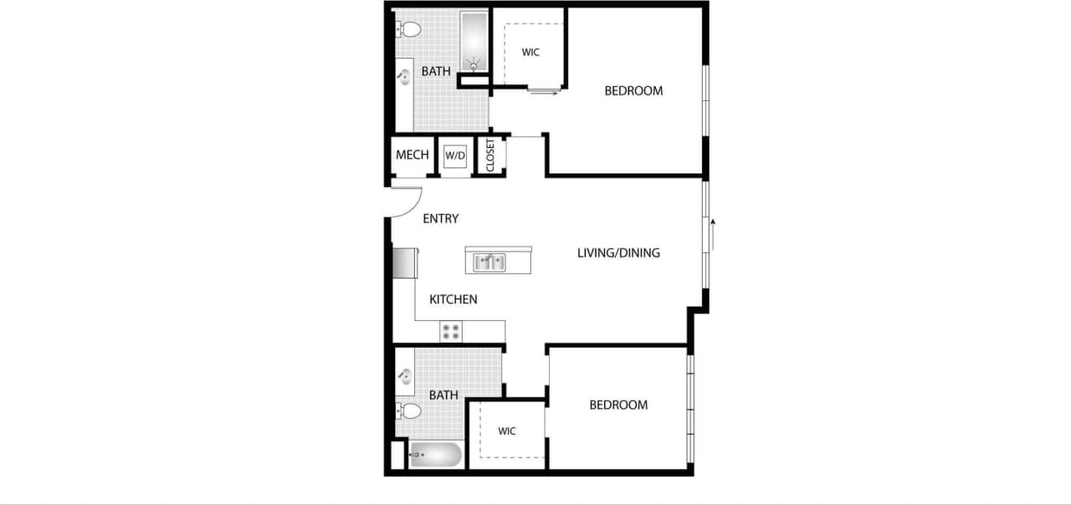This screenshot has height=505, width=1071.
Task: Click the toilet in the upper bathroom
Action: (x=408, y=30)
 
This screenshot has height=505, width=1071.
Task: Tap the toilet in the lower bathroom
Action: (x=408, y=411)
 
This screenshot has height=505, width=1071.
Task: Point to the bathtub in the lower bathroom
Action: (x=434, y=457)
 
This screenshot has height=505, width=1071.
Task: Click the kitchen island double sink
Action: (x=490, y=263)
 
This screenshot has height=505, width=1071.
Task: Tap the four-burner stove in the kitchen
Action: (x=451, y=331)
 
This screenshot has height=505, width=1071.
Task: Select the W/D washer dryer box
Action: (x=455, y=156)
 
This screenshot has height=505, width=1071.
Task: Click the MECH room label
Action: (x=413, y=155)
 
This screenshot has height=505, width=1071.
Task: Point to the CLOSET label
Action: (x=490, y=156)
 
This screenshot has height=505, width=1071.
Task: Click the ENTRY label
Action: (x=440, y=219)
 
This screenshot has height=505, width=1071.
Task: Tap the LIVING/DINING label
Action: (x=618, y=252)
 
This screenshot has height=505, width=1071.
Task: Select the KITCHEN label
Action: (x=454, y=299)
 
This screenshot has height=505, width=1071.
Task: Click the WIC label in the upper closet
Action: (x=530, y=52)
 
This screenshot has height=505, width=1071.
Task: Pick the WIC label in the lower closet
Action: (x=507, y=431)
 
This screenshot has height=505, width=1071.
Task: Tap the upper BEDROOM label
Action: (x=633, y=90)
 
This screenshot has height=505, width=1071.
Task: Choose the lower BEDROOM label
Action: (x=618, y=405)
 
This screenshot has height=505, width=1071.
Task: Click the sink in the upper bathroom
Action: (x=405, y=78)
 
